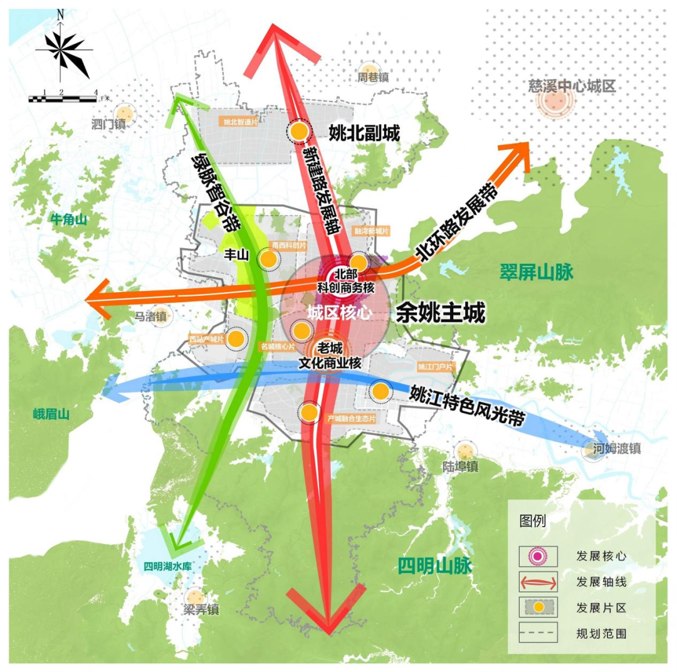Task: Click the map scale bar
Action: (x=63, y=98)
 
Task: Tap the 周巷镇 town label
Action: (x=374, y=78)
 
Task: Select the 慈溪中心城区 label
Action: (x=572, y=86)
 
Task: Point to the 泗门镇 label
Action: (x=109, y=124)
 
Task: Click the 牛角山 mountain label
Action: (x=68, y=219)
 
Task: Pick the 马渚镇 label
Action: (x=152, y=317)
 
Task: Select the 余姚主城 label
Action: (x=441, y=312)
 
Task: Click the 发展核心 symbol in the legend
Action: (x=538, y=555)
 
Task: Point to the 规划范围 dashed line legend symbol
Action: (x=538, y=633)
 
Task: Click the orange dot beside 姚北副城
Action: (x=299, y=131)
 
